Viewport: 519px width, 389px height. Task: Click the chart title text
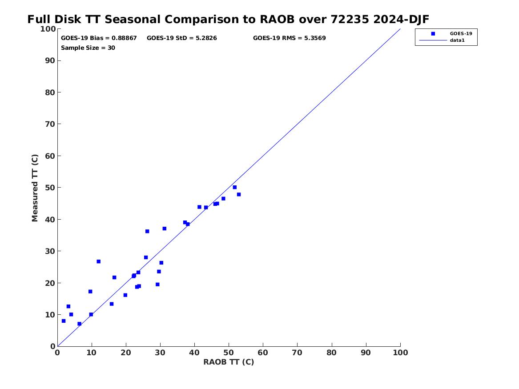pyautogui.click(x=228, y=20)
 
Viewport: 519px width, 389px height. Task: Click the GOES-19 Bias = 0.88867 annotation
pyautogui.click(x=99, y=38)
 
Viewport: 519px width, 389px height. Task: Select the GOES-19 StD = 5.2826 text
pyautogui.click(x=181, y=38)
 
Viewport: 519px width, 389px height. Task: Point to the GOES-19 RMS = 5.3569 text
pyautogui.click(x=289, y=38)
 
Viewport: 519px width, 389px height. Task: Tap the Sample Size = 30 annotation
pyautogui.click(x=88, y=48)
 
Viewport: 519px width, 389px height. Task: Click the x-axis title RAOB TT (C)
pyautogui.click(x=229, y=362)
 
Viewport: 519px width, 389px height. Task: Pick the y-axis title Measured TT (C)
pyautogui.click(x=35, y=188)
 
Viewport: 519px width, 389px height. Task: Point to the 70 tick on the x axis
pyautogui.click(x=298, y=353)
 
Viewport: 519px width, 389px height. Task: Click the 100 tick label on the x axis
pyautogui.click(x=400, y=353)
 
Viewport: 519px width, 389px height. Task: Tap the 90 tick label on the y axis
pyautogui.click(x=50, y=60)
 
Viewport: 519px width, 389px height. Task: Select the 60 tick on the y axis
pyautogui.click(x=50, y=156)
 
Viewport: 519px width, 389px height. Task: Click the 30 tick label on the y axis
pyautogui.click(x=50, y=251)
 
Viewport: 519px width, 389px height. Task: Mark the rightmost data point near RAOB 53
pyautogui.click(x=239, y=194)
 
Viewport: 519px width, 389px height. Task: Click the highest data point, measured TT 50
pyautogui.click(x=235, y=187)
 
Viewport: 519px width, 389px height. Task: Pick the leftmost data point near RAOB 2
pyautogui.click(x=64, y=321)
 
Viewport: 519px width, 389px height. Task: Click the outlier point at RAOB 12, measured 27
pyautogui.click(x=98, y=261)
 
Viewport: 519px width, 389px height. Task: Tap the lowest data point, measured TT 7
pyautogui.click(x=79, y=324)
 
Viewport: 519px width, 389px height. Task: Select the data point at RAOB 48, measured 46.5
pyautogui.click(x=223, y=199)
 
